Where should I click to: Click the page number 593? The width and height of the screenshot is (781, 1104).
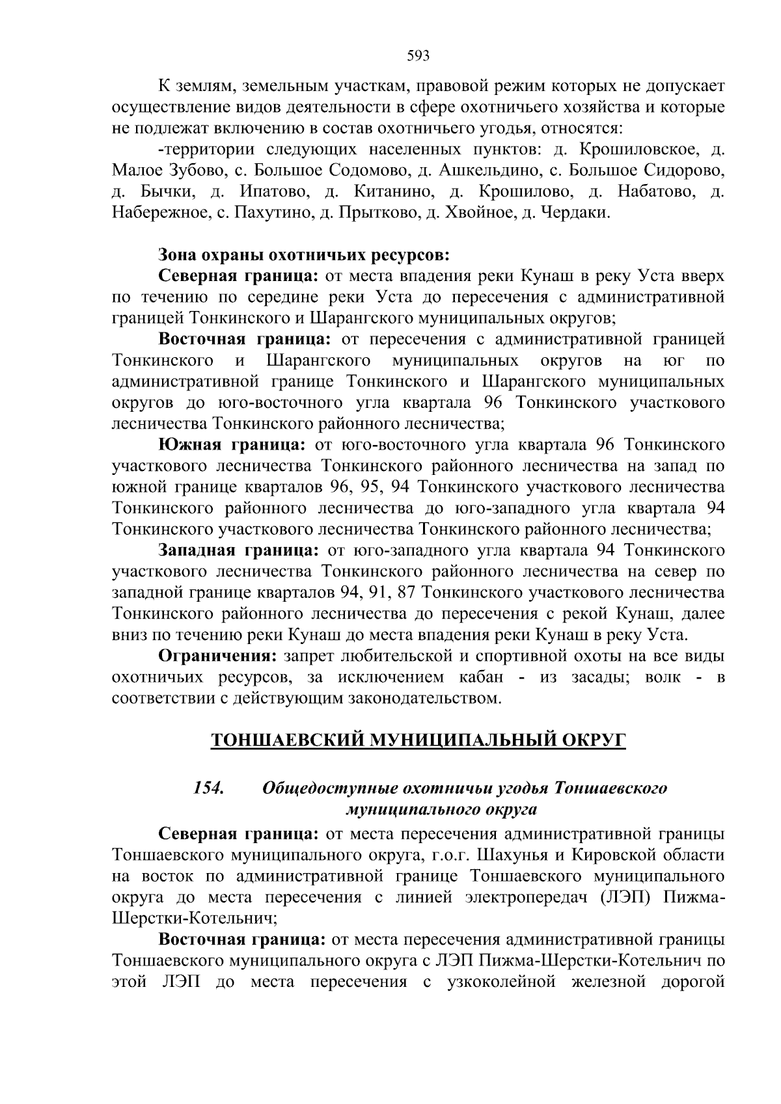[x=418, y=56]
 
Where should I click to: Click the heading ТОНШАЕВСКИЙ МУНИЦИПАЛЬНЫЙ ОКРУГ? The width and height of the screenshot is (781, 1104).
[x=418, y=741]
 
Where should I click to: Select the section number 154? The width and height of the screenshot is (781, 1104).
[x=208, y=788]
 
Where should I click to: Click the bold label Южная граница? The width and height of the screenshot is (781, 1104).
[x=232, y=445]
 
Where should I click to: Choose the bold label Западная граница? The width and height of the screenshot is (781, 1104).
[x=238, y=550]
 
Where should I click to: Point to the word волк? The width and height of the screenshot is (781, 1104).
[x=663, y=677]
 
